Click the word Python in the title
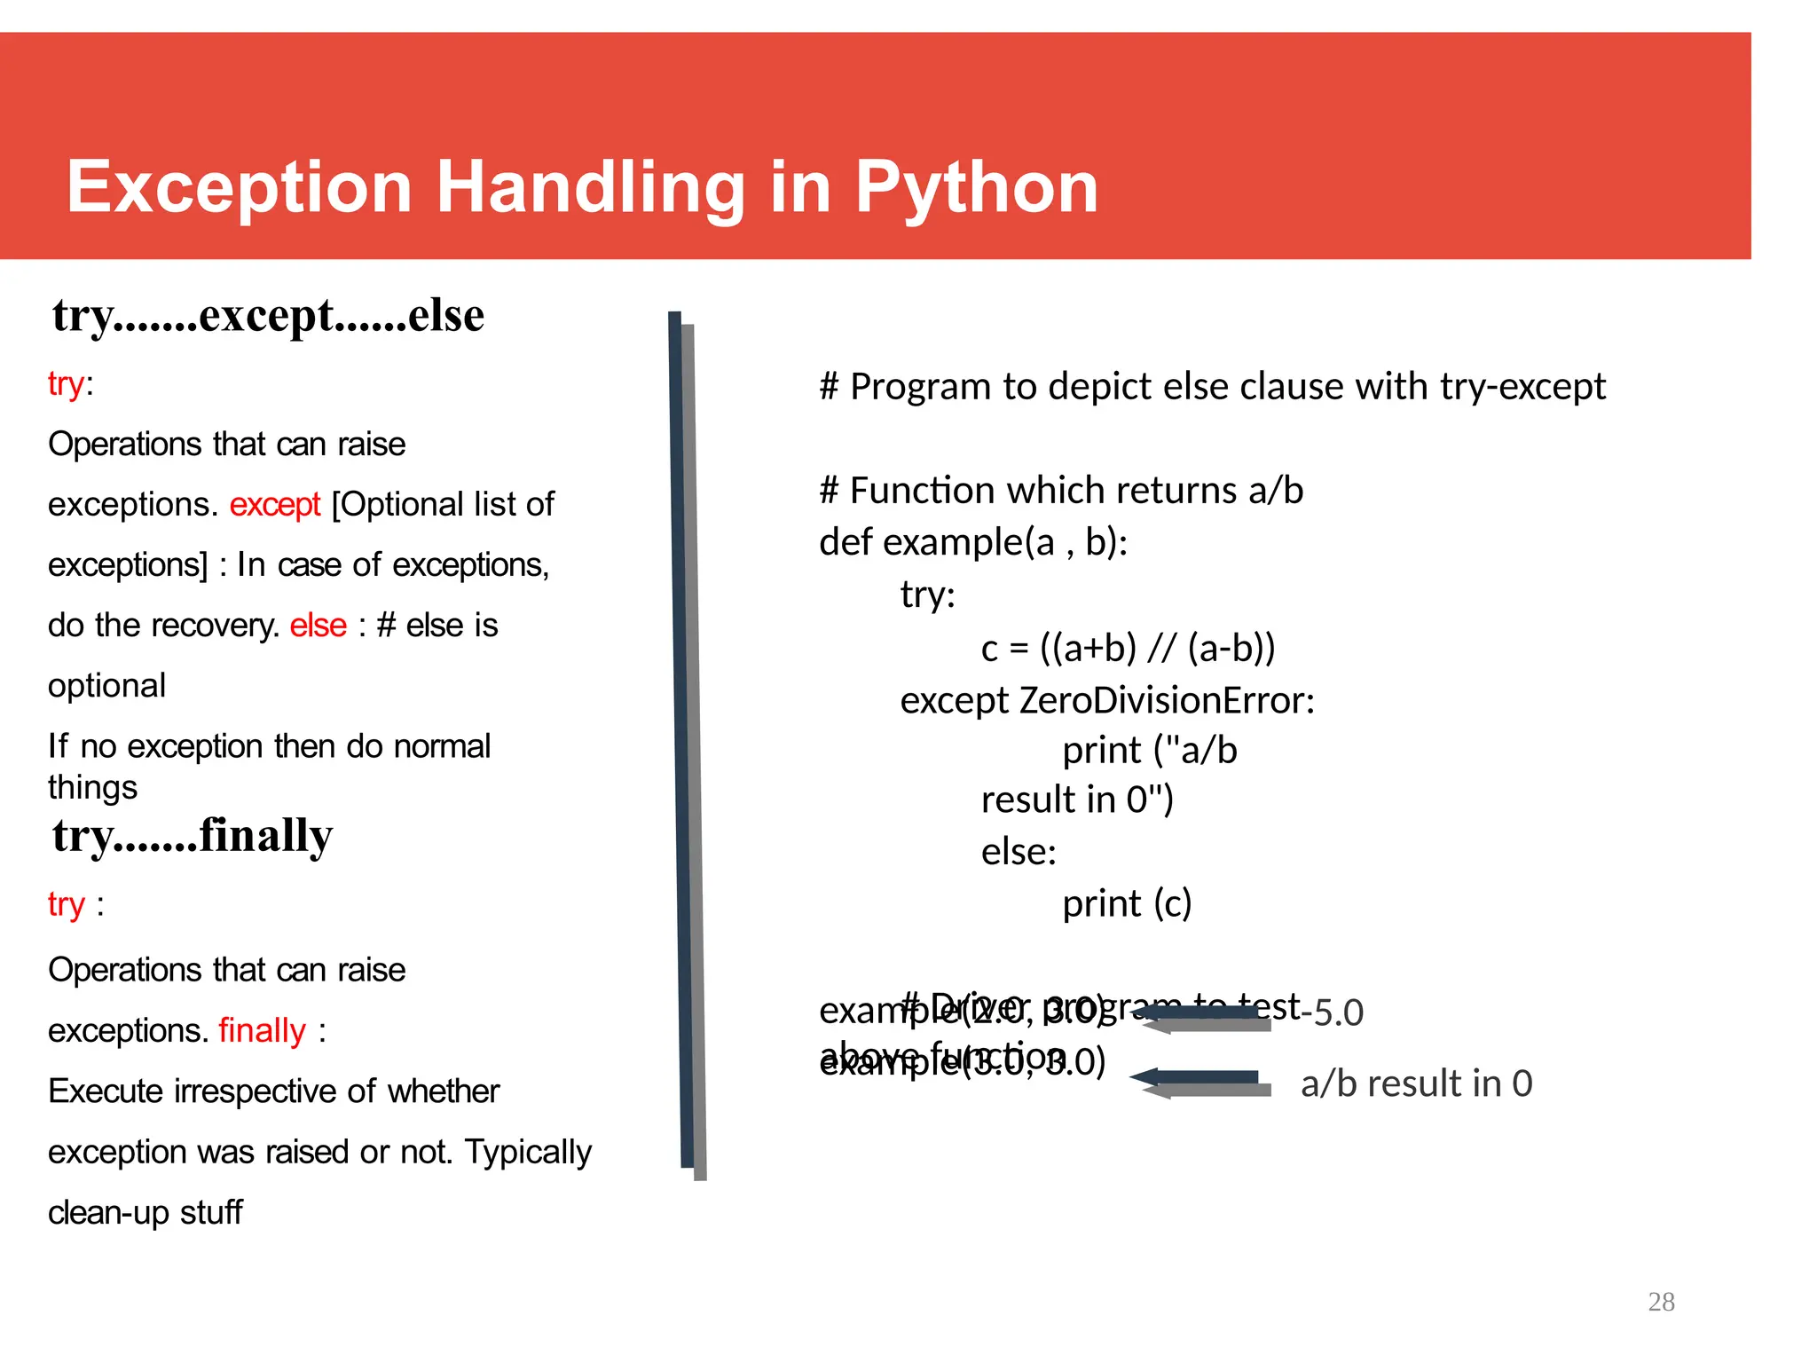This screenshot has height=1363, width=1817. click(976, 189)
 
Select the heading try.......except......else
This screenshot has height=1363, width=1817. click(268, 316)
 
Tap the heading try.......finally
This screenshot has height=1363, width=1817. click(193, 836)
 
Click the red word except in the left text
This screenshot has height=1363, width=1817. click(274, 505)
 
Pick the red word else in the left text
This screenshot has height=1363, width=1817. click(318, 626)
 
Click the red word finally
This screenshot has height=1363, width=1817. click(262, 1031)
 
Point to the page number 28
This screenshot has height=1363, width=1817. click(1661, 1302)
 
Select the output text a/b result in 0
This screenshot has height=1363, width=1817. click(1416, 1084)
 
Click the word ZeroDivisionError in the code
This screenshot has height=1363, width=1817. click(1165, 701)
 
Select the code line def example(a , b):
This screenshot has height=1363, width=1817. click(972, 542)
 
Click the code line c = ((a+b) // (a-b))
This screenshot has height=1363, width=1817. click(1128, 649)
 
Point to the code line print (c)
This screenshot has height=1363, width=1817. click(1127, 904)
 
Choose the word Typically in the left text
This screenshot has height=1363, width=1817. click(528, 1153)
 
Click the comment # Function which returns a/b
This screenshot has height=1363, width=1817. click(1061, 491)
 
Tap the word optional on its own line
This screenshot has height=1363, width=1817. click(106, 686)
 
